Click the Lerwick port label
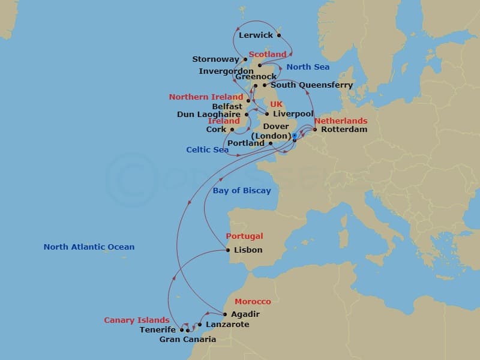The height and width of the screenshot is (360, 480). click(256, 35)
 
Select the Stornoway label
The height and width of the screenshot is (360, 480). click(216, 59)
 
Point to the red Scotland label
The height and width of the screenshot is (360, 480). click(268, 55)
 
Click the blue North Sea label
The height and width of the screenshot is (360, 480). click(308, 67)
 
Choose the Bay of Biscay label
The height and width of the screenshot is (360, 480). click(242, 191)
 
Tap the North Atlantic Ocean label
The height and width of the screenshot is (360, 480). click(89, 247)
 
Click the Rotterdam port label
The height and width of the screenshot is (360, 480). click(344, 129)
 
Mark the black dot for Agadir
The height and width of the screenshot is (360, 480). click(225, 314)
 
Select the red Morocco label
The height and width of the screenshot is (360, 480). click(253, 302)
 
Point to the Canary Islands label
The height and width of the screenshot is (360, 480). click(137, 320)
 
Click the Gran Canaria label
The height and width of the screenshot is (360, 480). click(187, 340)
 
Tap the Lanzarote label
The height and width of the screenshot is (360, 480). click(227, 325)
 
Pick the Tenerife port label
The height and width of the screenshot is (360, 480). click(158, 330)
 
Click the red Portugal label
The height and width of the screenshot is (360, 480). click(244, 236)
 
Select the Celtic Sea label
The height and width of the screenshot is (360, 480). click(208, 149)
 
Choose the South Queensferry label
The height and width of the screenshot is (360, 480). click(311, 85)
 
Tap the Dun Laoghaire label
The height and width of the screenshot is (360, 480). click(209, 115)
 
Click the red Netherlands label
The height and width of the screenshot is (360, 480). click(340, 121)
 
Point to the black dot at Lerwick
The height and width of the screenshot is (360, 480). click(279, 35)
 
